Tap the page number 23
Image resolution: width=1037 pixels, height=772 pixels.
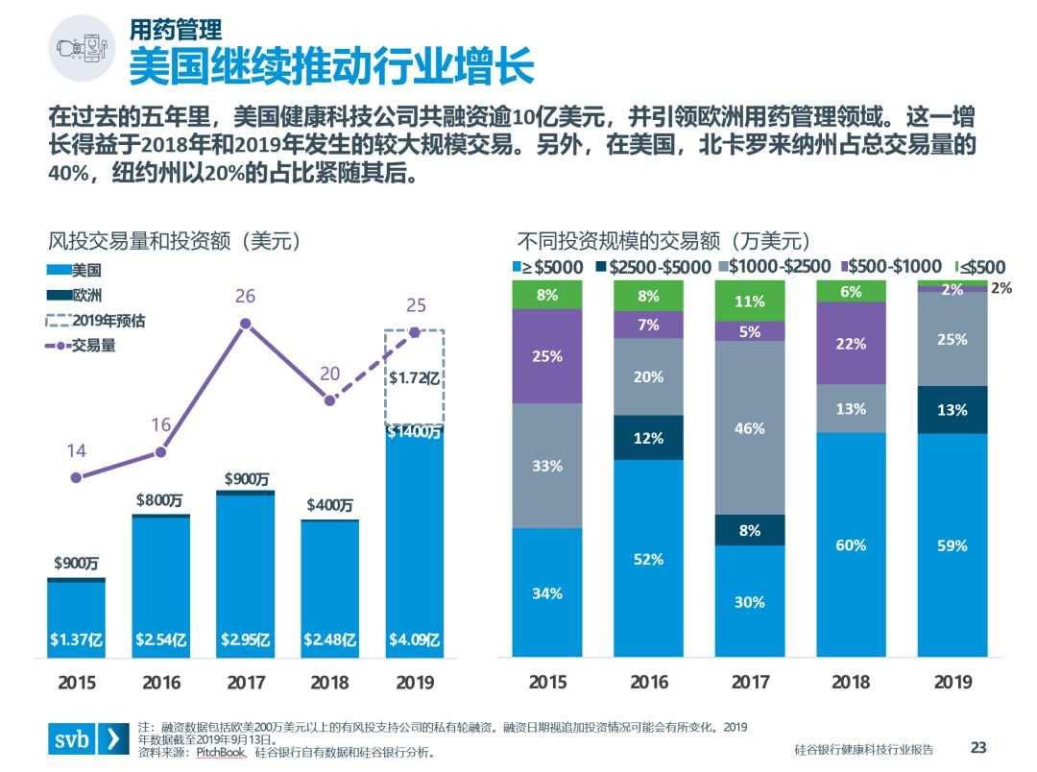coord(978,747)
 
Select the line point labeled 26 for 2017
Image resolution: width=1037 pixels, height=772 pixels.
coord(246,324)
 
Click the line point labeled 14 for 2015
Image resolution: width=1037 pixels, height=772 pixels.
coord(77,476)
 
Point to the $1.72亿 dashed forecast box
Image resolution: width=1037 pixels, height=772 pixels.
coord(415,377)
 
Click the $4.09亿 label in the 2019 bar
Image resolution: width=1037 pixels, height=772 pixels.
coord(415,639)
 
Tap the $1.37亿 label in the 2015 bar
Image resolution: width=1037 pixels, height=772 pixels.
coord(77,639)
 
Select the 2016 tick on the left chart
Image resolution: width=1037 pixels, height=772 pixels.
coord(161,683)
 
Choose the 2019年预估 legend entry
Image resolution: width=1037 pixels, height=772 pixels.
coord(96,321)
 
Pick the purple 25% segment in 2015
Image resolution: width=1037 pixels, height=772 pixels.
coord(547,356)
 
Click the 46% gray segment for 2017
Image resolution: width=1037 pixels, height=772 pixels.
coord(749,427)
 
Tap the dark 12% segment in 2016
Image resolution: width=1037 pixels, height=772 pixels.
coord(648,438)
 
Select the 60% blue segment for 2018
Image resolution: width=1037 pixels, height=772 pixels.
coord(851,544)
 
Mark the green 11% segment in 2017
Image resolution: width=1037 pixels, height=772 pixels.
coord(749,302)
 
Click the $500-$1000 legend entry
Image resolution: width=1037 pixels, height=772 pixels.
coord(892,267)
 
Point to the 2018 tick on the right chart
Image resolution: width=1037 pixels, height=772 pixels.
coord(851,683)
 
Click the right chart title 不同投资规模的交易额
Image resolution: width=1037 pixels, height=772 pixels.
coord(663,240)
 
